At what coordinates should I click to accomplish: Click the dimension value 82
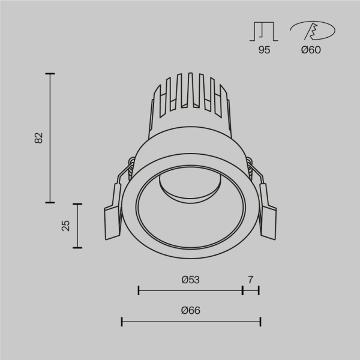pos(39,137)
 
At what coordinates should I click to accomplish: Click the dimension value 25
pos(66,225)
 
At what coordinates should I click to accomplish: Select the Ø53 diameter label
pos(190,279)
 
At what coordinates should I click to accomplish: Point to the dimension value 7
pos(250,279)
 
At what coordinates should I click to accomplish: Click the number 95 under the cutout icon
pos(264,50)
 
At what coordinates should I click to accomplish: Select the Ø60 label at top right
pos(311,50)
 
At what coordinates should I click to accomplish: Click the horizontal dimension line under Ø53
pos(190,291)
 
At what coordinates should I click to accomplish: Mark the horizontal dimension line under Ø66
pos(190,322)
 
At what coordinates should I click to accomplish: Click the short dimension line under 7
pos(250,291)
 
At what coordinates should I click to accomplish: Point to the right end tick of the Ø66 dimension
pos(260,322)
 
